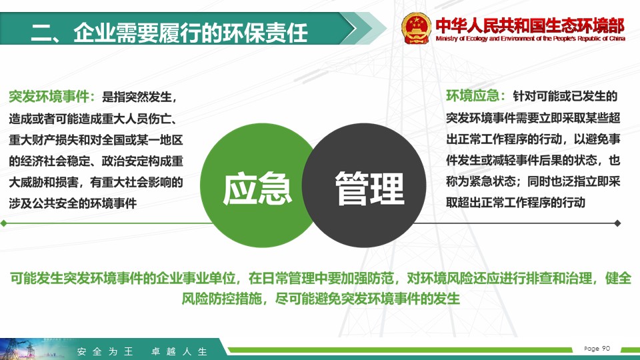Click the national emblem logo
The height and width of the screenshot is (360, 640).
(416, 28)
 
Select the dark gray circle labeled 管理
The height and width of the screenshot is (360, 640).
(365, 185)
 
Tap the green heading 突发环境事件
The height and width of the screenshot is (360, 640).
(49, 97)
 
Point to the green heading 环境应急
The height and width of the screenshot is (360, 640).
(472, 96)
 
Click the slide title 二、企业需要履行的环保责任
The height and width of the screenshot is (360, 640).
(169, 33)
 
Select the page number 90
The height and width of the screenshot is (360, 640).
(606, 348)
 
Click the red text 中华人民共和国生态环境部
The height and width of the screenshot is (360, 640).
(530, 26)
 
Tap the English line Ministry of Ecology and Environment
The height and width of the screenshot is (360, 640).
(530, 39)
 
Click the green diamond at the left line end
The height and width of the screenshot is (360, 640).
(4, 223)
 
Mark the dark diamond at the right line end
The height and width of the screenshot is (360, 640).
(617, 223)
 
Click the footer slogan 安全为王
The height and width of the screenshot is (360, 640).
(105, 351)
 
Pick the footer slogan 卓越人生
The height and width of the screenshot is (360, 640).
(179, 351)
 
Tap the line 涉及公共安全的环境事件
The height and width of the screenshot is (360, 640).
(73, 203)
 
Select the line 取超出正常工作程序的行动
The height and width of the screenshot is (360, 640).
(515, 203)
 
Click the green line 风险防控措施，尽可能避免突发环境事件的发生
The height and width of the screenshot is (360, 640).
(321, 299)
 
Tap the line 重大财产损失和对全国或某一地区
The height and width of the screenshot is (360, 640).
(96, 140)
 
